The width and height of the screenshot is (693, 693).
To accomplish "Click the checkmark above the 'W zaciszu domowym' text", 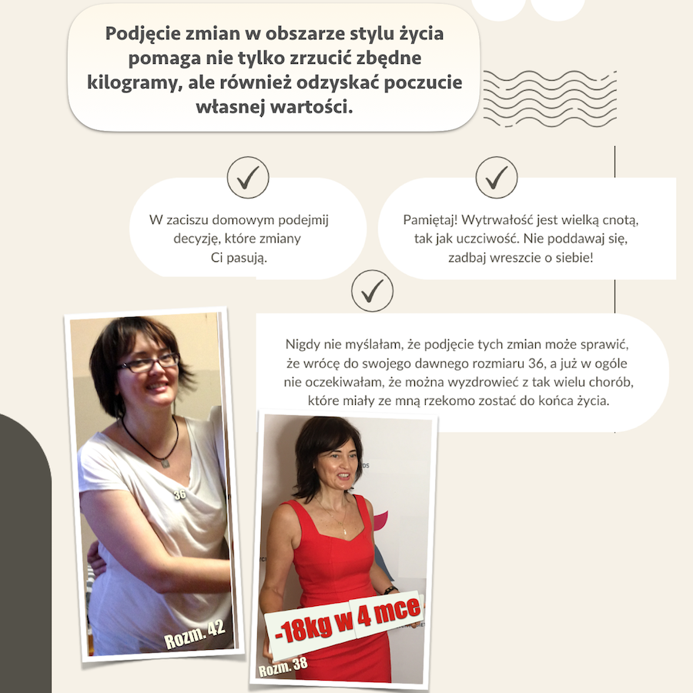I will tap(248, 178).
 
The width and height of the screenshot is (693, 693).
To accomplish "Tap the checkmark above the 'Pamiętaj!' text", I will tap(497, 178).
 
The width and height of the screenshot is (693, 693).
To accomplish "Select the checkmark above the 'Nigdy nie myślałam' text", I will tap(372, 290).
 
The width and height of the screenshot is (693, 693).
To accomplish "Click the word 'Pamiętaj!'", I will tap(430, 220).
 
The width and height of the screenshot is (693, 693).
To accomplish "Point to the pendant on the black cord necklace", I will tap(164, 464).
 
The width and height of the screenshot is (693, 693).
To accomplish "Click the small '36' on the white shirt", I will tap(179, 494).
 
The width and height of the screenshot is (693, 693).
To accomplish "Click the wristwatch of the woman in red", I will tap(390, 590).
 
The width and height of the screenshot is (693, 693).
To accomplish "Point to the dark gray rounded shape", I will tap(23, 554).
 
